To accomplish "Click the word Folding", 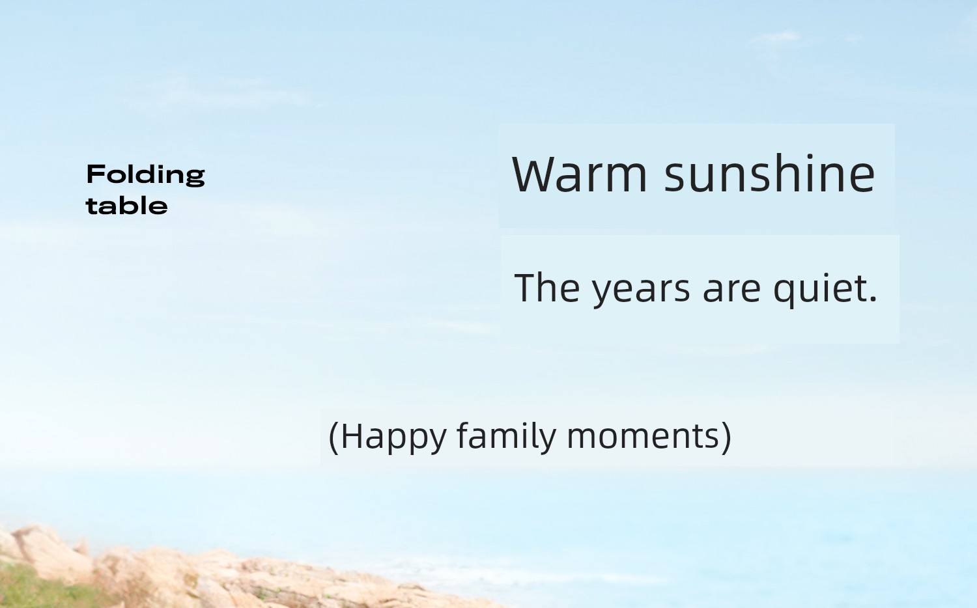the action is [146, 175].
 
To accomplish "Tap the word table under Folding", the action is [127, 206].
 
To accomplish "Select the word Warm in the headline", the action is [580, 174].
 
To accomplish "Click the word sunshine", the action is [769, 173].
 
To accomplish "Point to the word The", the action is [547, 287].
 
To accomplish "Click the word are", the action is [731, 290].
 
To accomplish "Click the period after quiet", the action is [872, 297].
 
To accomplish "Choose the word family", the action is [506, 436].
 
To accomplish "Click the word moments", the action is [643, 437].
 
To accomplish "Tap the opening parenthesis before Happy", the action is [333, 438].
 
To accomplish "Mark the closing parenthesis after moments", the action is [726, 438].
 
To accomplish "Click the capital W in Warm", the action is [535, 174].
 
